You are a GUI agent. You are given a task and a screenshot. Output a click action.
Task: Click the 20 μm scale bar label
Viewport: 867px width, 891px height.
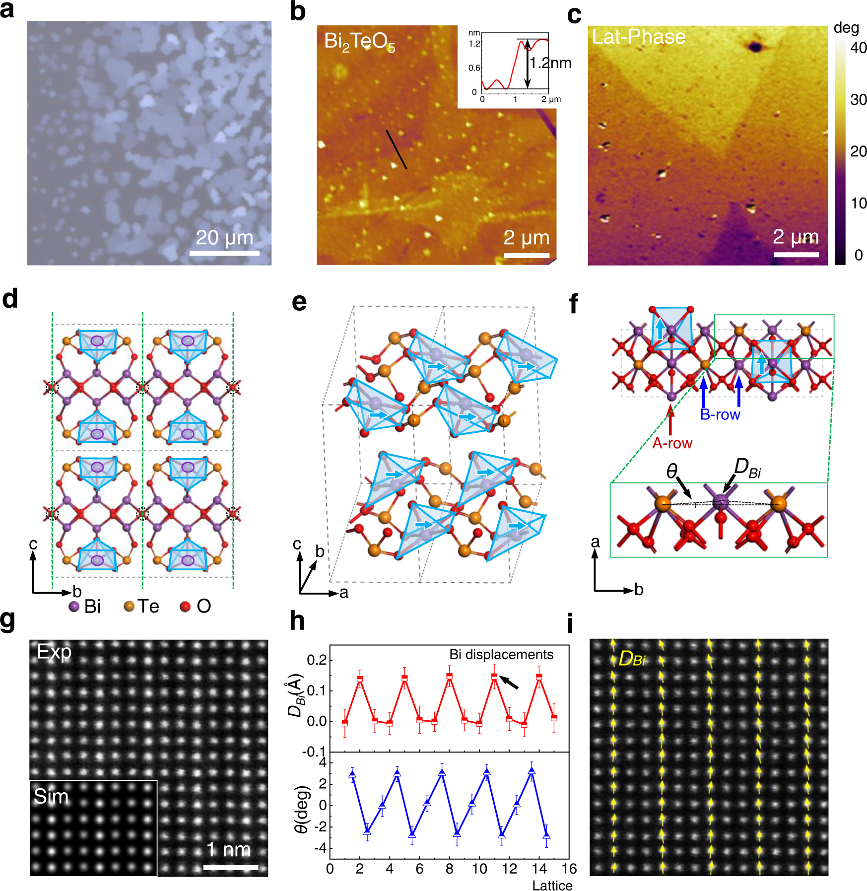tap(224, 238)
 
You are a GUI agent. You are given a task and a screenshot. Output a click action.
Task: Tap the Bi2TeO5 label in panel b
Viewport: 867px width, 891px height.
tap(359, 42)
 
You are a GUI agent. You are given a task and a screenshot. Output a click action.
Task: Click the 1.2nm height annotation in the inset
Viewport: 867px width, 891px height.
tap(550, 63)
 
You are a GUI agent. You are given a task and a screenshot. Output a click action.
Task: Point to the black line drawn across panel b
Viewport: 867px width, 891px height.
tap(397, 149)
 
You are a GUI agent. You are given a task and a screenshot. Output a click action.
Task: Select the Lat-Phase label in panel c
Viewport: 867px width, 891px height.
tap(639, 37)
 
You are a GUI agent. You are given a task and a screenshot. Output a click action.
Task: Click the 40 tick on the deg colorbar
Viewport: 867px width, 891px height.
tap(859, 48)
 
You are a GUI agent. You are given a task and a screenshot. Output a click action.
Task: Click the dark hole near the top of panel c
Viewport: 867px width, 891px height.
tap(755, 47)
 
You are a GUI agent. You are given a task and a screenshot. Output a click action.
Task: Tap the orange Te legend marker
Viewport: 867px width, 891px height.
tap(129, 606)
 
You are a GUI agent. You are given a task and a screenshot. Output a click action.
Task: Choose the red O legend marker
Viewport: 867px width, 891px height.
tap(185, 606)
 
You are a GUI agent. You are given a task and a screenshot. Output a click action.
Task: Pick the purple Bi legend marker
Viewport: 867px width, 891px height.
tap(74, 606)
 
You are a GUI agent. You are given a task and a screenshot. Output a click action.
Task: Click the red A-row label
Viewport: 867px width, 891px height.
tap(672, 443)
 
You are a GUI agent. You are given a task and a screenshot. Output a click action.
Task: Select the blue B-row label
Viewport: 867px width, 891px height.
tap(720, 414)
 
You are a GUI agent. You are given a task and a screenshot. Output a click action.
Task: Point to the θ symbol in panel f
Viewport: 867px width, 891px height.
tap(672, 471)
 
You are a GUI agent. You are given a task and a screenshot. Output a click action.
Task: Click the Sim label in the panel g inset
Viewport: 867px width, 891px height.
tap(51, 797)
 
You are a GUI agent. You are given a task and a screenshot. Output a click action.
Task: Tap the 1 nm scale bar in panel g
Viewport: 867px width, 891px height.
tap(231, 867)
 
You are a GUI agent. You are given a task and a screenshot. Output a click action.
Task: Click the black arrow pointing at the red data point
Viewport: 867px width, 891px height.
tap(509, 683)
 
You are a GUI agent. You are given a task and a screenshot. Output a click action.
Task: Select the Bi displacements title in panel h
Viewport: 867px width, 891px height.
tap(501, 655)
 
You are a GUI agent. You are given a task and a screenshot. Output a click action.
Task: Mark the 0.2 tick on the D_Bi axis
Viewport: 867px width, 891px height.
tap(317, 660)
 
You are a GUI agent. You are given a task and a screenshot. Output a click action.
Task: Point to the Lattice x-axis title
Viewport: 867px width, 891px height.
tap(552, 886)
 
